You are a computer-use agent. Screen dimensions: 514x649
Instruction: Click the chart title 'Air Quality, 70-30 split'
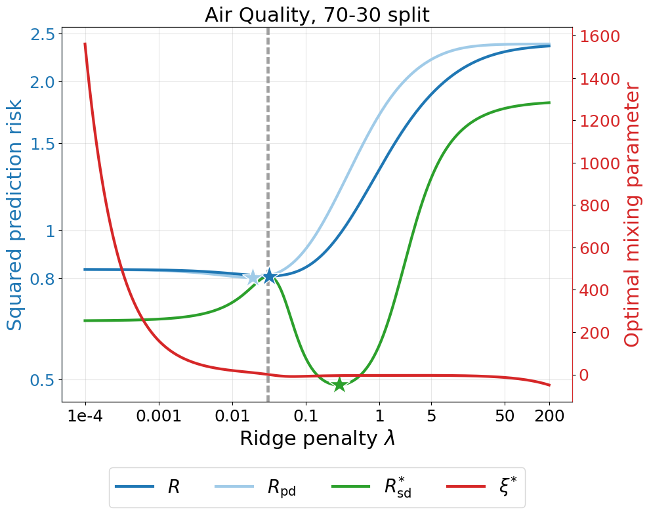[317, 14]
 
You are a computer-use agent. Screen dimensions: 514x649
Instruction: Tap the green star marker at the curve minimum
[339, 385]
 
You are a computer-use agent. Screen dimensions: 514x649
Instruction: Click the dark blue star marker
[269, 276]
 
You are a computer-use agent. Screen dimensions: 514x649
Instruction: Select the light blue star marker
[253, 277]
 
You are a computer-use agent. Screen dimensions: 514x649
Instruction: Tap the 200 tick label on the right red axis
[595, 333]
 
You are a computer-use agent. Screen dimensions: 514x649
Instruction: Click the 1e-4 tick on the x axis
[85, 417]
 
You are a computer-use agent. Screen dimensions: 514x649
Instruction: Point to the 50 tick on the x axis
[505, 417]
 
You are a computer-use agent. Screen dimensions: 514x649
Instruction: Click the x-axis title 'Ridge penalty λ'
[317, 439]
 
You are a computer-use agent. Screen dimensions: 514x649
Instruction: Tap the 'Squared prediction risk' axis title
[15, 215]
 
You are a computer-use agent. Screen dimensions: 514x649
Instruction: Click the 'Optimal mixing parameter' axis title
[632, 215]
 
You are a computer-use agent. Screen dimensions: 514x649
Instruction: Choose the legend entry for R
[148, 487]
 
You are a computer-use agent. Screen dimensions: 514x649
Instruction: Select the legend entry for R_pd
[256, 487]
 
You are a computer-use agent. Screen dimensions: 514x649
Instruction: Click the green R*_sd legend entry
[372, 487]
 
